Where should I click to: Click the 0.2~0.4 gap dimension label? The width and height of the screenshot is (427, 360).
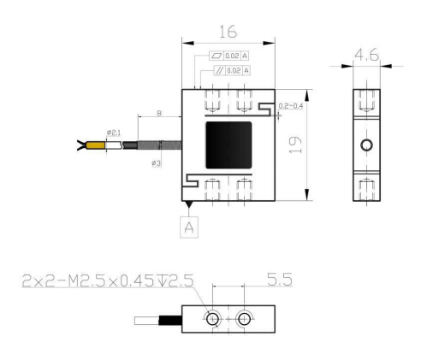point(292,105)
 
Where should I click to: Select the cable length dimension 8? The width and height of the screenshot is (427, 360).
point(161,112)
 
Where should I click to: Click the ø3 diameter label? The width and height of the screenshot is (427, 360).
point(157,162)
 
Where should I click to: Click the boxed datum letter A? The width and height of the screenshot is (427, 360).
point(190,228)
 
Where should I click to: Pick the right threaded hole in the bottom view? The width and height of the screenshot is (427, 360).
point(246,319)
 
